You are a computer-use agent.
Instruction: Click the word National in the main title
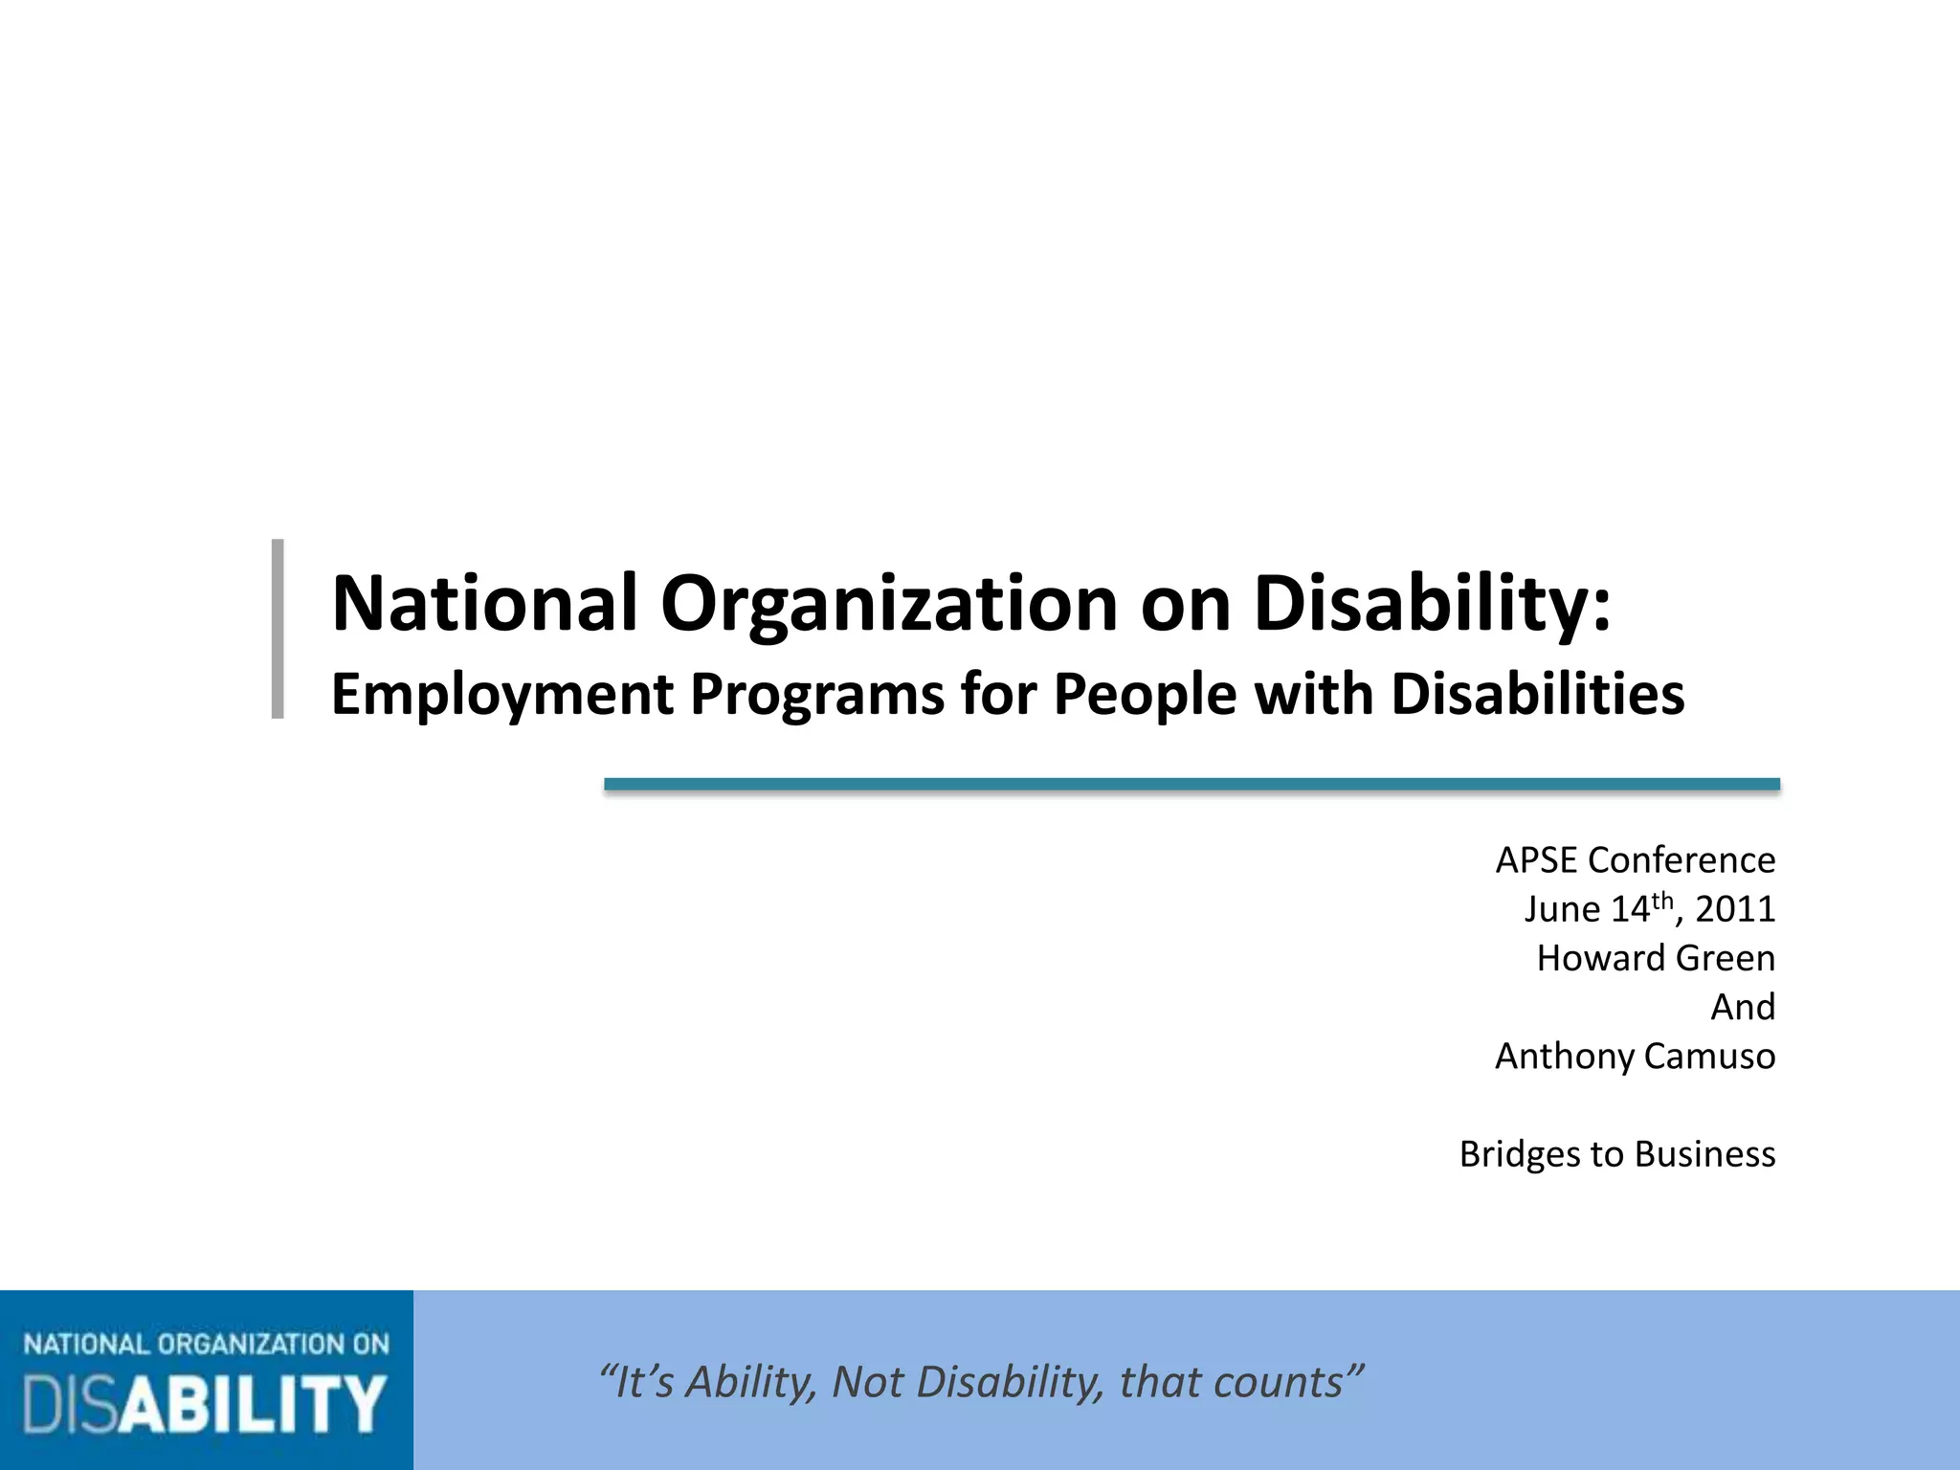483,604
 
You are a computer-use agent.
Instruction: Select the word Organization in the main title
889,604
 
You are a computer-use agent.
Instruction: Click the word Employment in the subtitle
502,695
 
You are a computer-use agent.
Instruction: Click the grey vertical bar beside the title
278,628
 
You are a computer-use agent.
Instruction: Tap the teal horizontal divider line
1192,785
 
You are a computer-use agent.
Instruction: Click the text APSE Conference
1635,860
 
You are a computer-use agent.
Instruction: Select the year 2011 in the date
1734,909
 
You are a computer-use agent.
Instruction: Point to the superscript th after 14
1662,900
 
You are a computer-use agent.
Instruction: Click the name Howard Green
1656,958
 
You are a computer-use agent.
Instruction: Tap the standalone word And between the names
1743,1007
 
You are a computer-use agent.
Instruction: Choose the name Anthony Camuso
1635,1057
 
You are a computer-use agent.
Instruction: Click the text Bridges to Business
1616,1154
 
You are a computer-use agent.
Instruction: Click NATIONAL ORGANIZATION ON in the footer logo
207,1345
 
